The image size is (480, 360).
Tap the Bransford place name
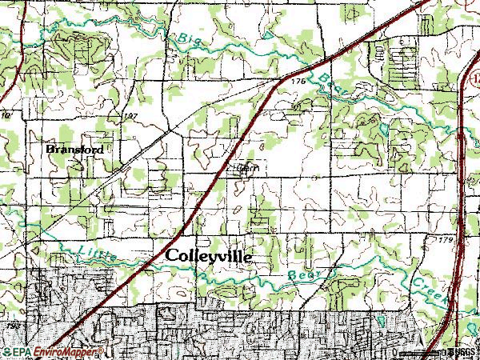(74, 149)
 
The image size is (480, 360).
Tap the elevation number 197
(131, 117)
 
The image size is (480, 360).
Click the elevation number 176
(298, 82)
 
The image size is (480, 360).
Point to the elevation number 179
(445, 239)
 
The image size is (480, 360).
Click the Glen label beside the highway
(246, 169)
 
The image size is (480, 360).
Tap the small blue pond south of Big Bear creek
(385, 128)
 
